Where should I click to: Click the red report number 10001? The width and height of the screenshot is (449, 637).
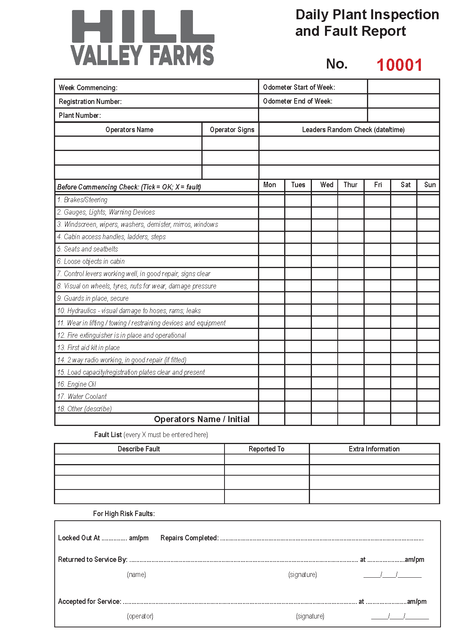pos(399,65)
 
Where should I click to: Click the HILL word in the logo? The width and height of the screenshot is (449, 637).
pos(143,27)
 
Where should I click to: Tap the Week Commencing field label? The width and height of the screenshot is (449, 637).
pos(88,87)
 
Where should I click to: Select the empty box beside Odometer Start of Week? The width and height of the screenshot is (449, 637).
pos(403,87)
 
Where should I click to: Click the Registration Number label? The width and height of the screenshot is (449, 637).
pos(90,101)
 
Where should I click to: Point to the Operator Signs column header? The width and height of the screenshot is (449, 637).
pos(232,129)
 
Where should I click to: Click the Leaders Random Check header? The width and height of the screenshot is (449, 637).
pos(353,129)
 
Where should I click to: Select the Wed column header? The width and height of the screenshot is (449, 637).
pos(327,185)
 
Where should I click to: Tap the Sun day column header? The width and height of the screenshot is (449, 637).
pos(430,185)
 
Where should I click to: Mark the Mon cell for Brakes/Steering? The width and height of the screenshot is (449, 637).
pos(272,200)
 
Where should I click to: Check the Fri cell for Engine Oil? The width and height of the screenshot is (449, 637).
pos(377,383)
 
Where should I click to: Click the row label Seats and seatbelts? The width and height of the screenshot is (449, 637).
pos(91,249)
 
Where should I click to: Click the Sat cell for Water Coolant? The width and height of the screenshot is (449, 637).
pos(404,395)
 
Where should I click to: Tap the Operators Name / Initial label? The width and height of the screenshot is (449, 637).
pos(201,419)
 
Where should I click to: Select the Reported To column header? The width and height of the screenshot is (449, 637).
pos(266,449)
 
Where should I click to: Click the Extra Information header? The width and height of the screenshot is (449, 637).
pos(374,449)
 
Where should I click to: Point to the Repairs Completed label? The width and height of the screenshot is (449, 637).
pos(189,538)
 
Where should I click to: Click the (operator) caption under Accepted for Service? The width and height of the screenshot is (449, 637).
pos(140,616)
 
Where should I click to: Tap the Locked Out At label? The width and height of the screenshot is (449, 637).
pos(79,538)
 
